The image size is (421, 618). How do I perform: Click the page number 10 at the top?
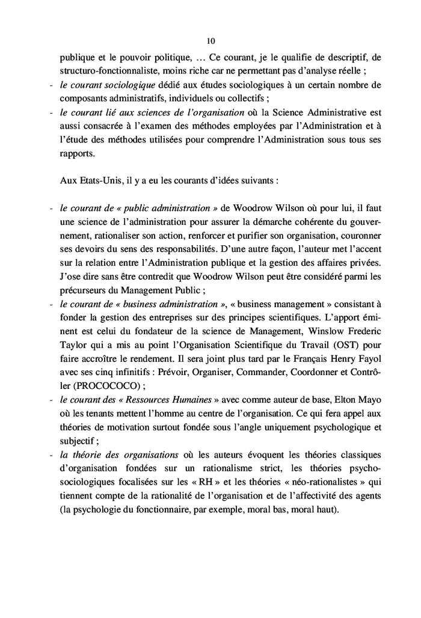pos(210,41)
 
